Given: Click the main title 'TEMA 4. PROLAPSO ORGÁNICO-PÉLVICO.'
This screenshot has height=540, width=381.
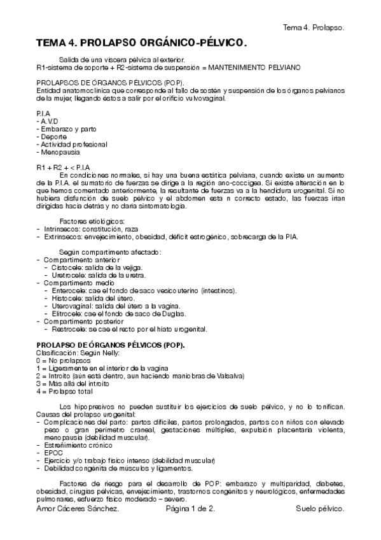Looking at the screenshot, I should click(x=141, y=43).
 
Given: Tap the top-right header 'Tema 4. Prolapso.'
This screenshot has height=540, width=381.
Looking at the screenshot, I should click(x=314, y=28).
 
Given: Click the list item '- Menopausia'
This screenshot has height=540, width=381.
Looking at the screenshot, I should click(x=58, y=153).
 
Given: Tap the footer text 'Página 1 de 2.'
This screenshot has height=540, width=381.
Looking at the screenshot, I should click(x=190, y=509).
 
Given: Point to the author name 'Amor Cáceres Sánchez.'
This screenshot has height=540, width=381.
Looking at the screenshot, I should click(x=78, y=509).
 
